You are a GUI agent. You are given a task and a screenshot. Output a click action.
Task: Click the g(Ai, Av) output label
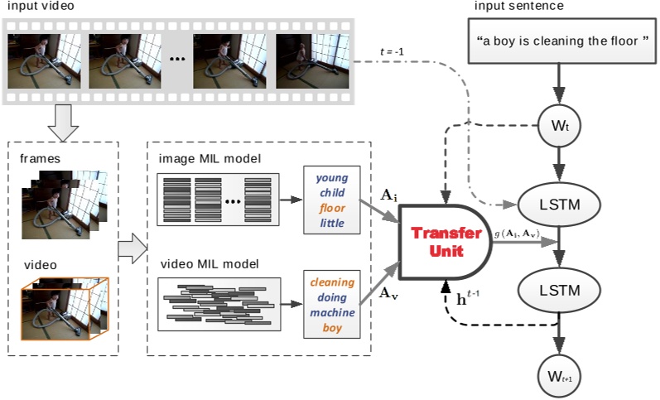coord(518,234)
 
